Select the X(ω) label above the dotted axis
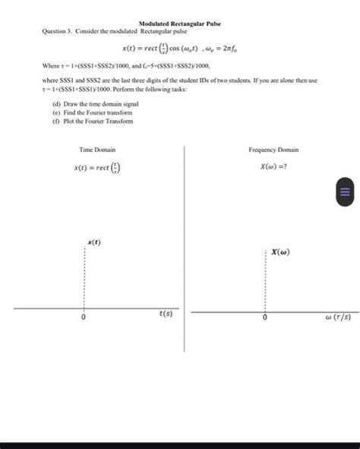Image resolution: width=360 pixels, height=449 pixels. point(279,251)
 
